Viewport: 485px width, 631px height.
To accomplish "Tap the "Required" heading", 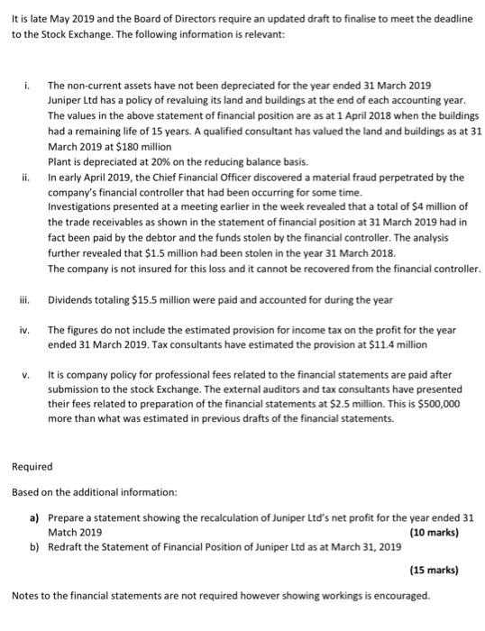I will pyautogui.click(x=32, y=467).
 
